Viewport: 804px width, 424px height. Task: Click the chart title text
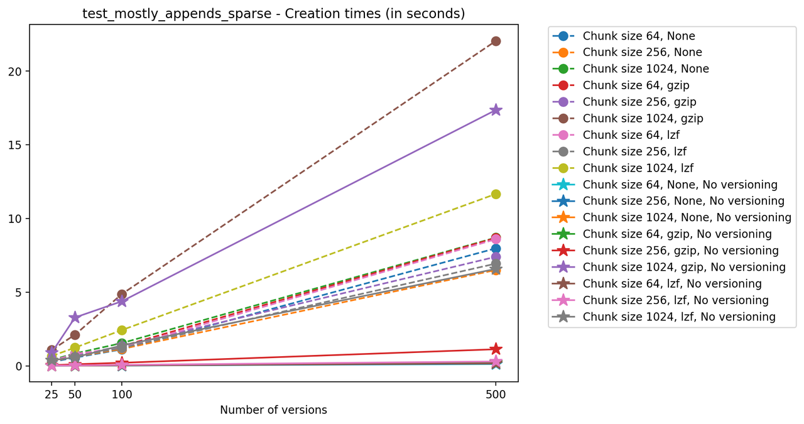point(273,13)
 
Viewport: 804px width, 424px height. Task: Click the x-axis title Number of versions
point(273,410)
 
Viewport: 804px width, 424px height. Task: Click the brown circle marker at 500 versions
point(496,41)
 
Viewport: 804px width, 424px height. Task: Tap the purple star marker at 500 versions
point(496,110)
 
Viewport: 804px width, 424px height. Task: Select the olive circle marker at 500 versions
point(496,194)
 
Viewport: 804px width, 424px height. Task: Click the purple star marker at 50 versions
point(75,317)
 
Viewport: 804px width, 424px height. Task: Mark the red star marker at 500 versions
point(496,349)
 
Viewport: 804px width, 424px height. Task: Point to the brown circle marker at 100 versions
point(122,294)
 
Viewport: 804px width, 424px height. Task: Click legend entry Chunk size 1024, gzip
point(643,118)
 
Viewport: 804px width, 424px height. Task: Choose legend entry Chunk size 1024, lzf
point(638,168)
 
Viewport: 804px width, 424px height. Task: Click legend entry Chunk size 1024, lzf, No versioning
point(679,317)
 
